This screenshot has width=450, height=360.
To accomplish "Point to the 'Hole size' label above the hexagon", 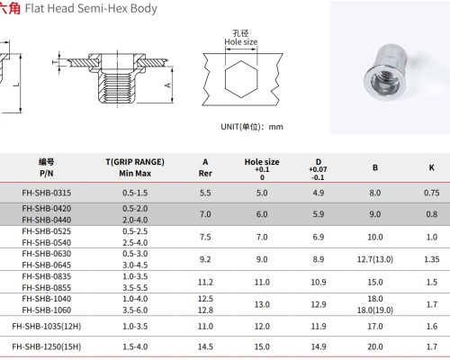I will tap(240, 41).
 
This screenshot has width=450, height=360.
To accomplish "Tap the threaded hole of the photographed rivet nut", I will tap(389, 71).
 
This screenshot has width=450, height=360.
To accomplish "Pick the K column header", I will tap(432, 166).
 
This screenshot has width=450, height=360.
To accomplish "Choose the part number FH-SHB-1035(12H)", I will tap(51, 325).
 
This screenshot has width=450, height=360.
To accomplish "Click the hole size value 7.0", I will tap(262, 237).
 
